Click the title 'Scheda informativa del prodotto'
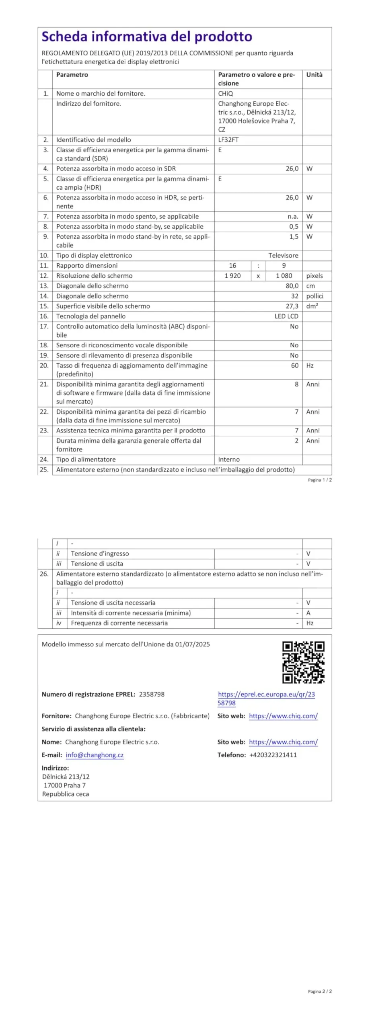(147, 37)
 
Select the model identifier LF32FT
(228, 140)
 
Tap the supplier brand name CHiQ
(226, 94)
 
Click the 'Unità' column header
(314, 75)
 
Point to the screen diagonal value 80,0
(292, 286)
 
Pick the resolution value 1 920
(232, 276)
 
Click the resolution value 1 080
(284, 276)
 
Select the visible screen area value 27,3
(292, 306)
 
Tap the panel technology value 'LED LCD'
(286, 316)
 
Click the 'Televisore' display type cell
(284, 256)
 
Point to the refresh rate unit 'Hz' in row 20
(310, 366)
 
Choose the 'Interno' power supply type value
(229, 459)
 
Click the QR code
(303, 662)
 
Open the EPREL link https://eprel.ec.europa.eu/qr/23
(266, 694)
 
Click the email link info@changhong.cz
(95, 755)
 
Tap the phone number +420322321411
(273, 755)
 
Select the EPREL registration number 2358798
(152, 694)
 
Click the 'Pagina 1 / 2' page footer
(320, 480)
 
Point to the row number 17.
(44, 326)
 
